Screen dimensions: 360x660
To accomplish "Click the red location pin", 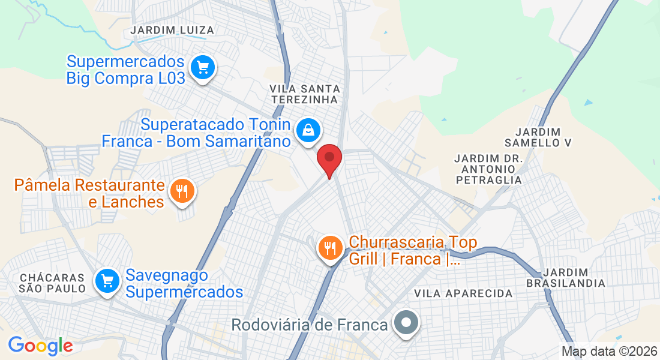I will (x=329, y=158).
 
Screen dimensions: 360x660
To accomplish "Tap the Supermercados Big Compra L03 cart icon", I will (x=202, y=67).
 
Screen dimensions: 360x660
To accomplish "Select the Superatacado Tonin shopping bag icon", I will (x=308, y=130).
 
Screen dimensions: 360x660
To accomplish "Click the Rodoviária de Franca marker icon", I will (x=406, y=324).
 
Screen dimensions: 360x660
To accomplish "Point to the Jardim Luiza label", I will (x=172, y=29).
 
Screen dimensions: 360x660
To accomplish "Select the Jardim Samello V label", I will (x=538, y=137).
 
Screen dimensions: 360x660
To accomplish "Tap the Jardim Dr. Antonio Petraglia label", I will (x=488, y=169).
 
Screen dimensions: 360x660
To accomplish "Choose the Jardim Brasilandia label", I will (x=566, y=277).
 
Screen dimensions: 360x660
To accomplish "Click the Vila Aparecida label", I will (x=464, y=293).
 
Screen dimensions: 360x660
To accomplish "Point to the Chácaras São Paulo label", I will (x=53, y=283).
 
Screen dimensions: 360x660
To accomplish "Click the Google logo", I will (x=40, y=346).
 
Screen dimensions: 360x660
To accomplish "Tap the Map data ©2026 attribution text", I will (x=609, y=352).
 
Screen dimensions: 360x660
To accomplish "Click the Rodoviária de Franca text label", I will (x=310, y=325).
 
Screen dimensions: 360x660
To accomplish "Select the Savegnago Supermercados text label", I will (x=184, y=284).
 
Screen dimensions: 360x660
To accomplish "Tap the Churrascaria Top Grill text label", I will (x=413, y=251).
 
